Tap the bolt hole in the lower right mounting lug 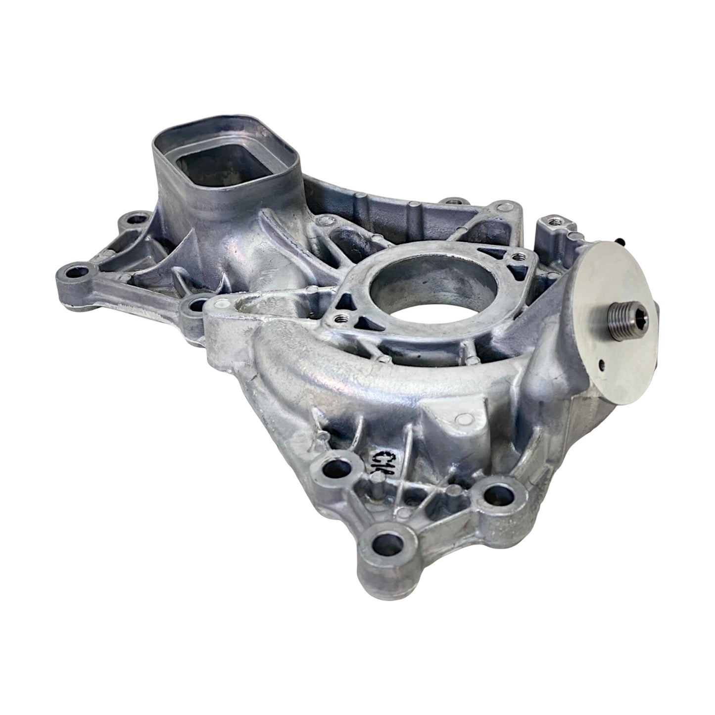tap(498, 493)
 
